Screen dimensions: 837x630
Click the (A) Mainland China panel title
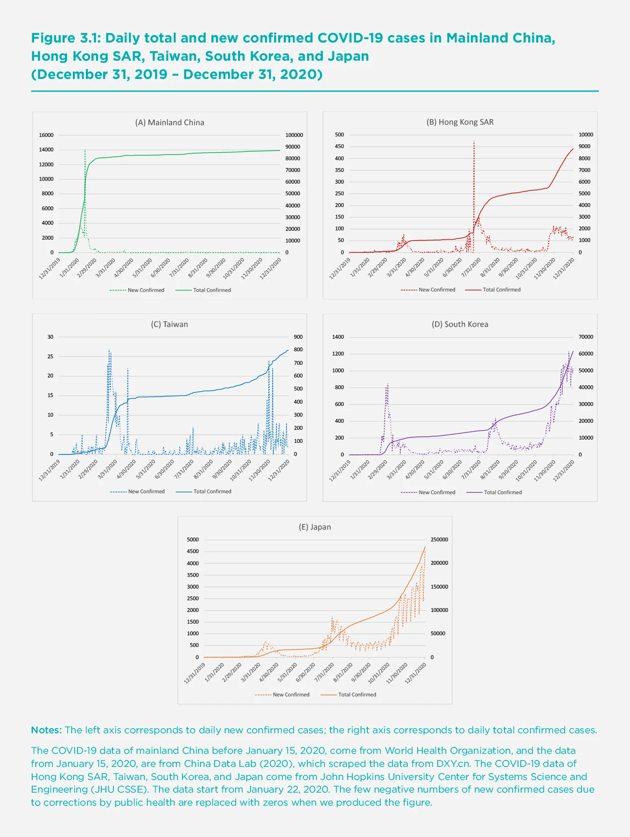pyautogui.click(x=169, y=122)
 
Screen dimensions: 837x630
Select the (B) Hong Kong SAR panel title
pyautogui.click(x=460, y=122)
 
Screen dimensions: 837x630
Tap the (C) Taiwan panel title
pyautogui.click(x=169, y=324)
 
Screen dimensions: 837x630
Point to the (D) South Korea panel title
pyautogui.click(x=460, y=324)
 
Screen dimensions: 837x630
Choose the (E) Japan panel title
pyautogui.click(x=315, y=527)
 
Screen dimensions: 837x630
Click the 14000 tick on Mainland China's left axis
pyautogui.click(x=46, y=150)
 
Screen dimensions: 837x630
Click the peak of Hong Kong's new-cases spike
pyautogui.click(x=474, y=141)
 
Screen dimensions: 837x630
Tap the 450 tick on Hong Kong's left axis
pyautogui.click(x=339, y=146)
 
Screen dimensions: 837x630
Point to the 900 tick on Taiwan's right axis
pyautogui.click(x=298, y=337)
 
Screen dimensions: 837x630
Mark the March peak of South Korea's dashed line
pyautogui.click(x=387, y=384)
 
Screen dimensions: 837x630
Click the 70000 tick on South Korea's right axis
pyautogui.click(x=586, y=337)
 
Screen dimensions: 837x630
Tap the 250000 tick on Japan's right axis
pyautogui.click(x=439, y=539)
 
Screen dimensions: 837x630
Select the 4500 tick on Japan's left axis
pyautogui.click(x=193, y=551)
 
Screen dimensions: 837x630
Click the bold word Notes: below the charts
pyautogui.click(x=46, y=730)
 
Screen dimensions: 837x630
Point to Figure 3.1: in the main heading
pyautogui.click(x=66, y=38)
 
